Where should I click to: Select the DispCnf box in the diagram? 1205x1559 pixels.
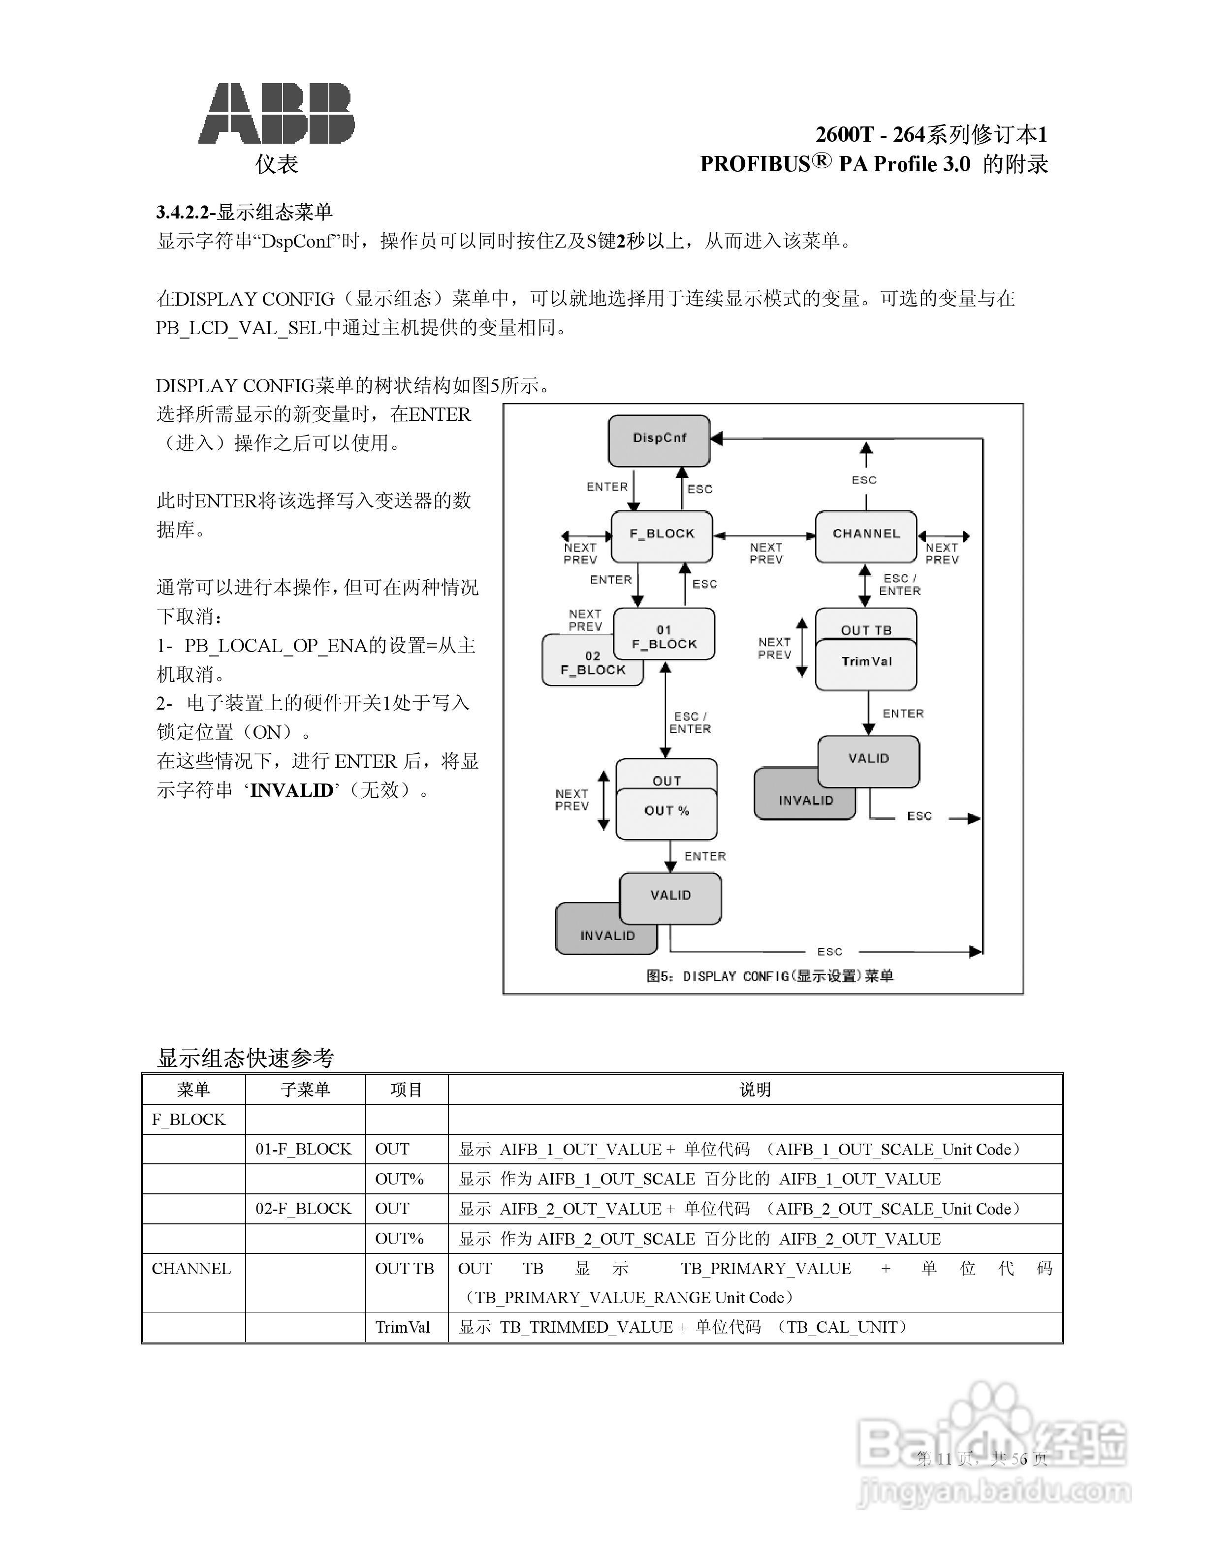pos(659,439)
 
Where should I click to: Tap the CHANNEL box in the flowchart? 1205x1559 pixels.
pos(866,534)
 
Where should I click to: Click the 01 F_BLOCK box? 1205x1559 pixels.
pos(664,635)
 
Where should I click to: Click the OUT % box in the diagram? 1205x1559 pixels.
pos(667,812)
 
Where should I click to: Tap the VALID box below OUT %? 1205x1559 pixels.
pos(670,896)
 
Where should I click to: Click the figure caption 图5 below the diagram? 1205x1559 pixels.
pos(769,976)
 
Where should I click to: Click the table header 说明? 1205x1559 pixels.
pos(755,1090)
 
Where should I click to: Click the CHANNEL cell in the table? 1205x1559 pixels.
pos(191,1269)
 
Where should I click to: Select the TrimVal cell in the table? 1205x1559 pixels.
pos(403,1328)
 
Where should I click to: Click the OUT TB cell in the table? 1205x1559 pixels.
pos(404,1269)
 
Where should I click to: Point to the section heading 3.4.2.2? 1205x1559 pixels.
pos(244,212)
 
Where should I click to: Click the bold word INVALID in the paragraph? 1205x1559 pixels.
pos(291,791)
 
